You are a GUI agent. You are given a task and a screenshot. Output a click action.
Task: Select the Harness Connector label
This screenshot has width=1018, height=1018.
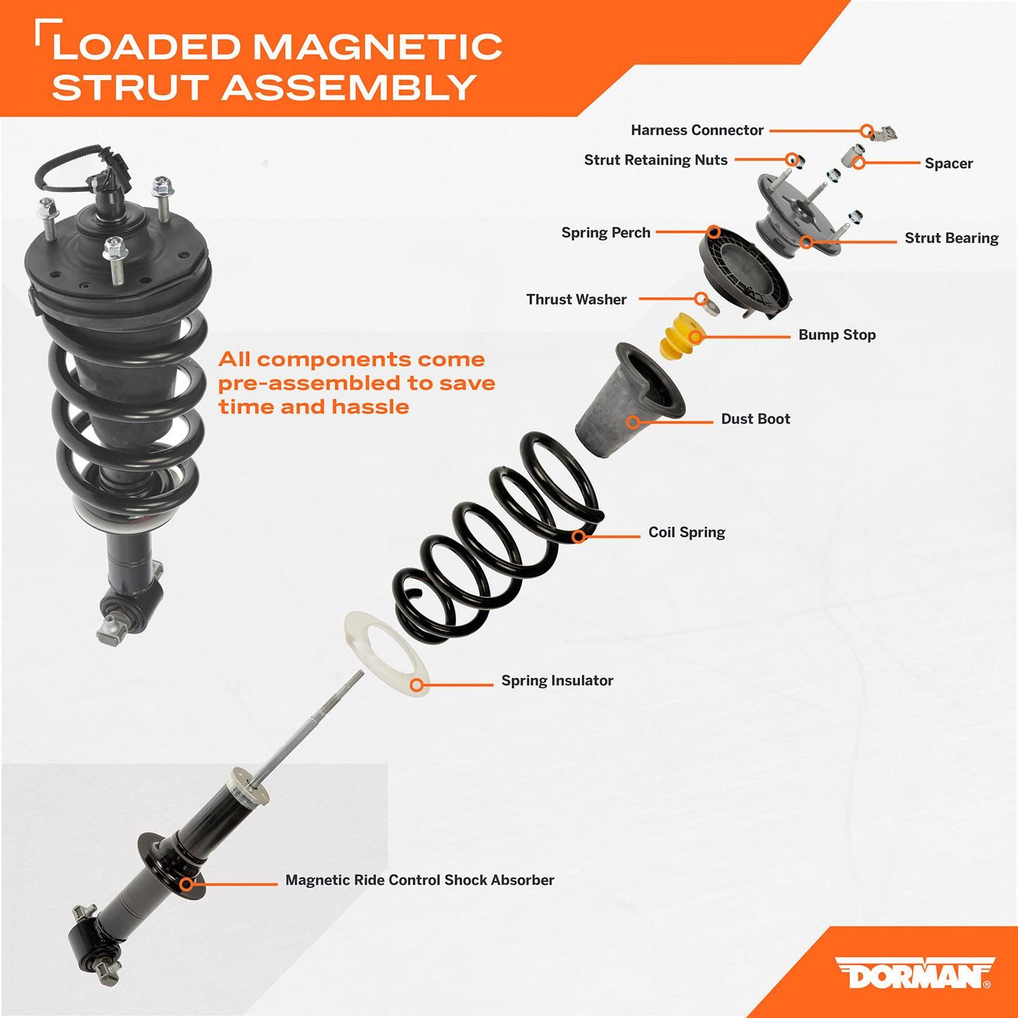tap(697, 130)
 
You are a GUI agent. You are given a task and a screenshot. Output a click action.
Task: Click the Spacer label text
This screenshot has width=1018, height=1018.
tap(948, 164)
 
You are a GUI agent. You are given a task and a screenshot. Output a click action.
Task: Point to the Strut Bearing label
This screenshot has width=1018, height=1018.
tap(951, 238)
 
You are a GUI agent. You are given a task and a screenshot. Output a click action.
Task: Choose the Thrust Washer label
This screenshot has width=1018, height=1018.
tap(576, 299)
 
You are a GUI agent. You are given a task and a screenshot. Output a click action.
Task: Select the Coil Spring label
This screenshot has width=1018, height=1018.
tap(687, 533)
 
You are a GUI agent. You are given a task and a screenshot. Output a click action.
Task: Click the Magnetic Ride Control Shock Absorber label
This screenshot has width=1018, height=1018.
tap(419, 880)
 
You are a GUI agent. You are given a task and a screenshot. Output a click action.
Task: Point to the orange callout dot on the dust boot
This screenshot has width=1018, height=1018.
tap(633, 422)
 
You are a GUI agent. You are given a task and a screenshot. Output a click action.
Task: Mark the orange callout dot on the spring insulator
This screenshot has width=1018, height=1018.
tap(419, 685)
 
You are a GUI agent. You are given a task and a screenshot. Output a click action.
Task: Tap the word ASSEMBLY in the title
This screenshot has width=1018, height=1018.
tap(348, 87)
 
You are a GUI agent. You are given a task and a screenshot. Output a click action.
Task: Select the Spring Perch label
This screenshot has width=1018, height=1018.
tap(605, 233)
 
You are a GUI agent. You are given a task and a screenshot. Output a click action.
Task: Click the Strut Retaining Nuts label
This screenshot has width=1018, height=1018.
tap(656, 160)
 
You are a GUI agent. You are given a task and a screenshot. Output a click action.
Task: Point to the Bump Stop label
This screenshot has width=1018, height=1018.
tap(837, 335)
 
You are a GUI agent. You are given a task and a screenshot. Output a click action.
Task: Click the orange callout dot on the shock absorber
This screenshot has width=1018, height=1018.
tap(186, 884)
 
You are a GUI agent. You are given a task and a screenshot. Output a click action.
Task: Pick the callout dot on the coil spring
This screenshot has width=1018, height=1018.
tap(578, 537)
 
